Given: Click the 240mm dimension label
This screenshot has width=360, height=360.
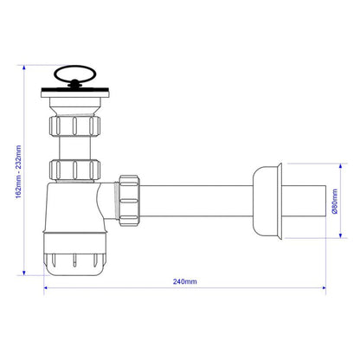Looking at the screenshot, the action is click(185, 281).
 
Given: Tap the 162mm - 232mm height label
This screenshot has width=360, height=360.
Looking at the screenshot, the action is click(18, 171).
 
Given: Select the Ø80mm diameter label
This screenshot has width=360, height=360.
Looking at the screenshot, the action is click(335, 201).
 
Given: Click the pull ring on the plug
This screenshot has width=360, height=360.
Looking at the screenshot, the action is click(74, 69).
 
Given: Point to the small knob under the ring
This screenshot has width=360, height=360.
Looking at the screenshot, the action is click(74, 84).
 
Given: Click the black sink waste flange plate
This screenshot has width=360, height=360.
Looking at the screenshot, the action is click(75, 89).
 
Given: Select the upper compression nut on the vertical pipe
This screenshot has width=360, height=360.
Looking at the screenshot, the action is click(74, 125).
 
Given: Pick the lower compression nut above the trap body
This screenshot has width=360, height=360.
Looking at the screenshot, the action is click(74, 170).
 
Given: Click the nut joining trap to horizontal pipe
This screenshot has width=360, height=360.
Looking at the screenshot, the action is click(129, 201).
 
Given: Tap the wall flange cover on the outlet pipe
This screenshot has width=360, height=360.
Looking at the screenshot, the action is click(267, 201).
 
